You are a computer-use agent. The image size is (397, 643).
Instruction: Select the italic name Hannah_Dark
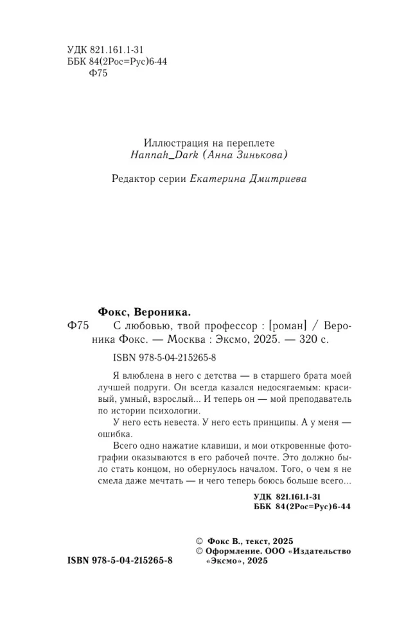tap(157, 156)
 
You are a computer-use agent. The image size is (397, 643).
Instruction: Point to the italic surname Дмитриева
tap(275, 180)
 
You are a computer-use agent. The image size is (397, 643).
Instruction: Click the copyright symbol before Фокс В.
tap(198, 541)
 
